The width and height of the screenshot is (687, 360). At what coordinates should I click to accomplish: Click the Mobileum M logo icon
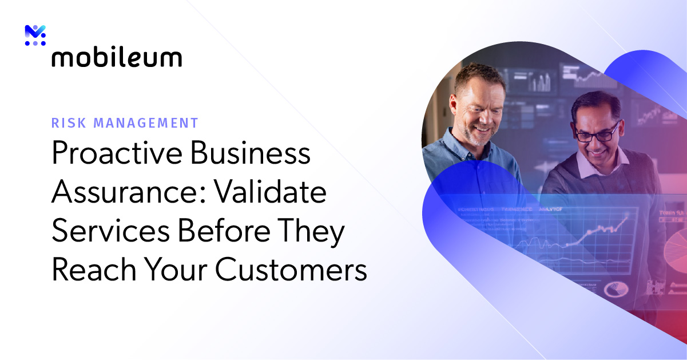point(35,35)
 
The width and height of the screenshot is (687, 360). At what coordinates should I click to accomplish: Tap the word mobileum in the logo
point(117,58)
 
